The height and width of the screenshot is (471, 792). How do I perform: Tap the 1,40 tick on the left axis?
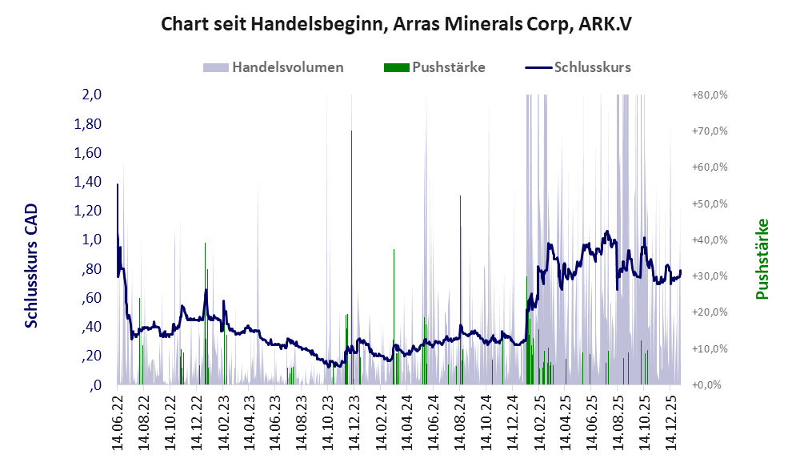[88, 182]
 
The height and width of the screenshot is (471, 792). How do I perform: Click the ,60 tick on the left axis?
[90, 298]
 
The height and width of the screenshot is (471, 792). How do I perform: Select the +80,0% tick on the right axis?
[709, 95]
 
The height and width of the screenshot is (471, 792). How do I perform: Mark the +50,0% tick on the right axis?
[709, 203]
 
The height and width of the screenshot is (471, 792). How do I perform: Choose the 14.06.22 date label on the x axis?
[118, 420]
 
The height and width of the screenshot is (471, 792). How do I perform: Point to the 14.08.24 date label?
[459, 420]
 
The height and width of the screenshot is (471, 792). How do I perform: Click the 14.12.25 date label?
[670, 420]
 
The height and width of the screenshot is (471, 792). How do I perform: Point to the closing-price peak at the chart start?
[118, 185]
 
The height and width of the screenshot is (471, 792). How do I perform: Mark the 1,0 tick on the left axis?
[91, 240]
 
